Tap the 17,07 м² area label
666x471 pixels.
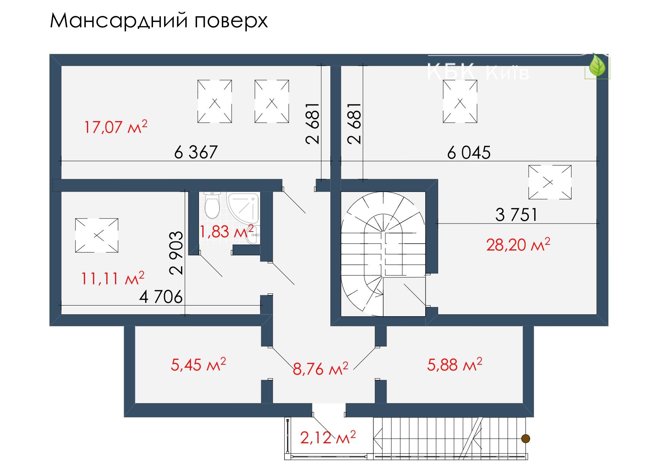pos(115,127)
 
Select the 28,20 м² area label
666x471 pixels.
pos(518,245)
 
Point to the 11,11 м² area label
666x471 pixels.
pos(112,279)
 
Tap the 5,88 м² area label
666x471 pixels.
pos(455,364)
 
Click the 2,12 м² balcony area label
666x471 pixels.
pos(328,438)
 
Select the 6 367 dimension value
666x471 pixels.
pos(196,153)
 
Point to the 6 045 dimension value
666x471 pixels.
pos(469,153)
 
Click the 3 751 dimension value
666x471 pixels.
pos(517,215)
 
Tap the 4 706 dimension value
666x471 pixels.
pos(161,297)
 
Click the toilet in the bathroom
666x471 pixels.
pos(212,205)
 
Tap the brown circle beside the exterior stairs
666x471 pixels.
pos(526,439)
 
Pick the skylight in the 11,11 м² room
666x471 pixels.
pos(96,235)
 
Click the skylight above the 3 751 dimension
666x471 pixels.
pos(550,182)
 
